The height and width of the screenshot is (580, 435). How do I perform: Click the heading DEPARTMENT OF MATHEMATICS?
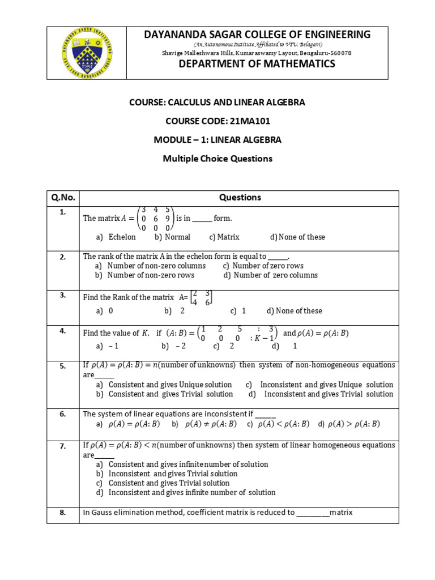[x=257, y=64]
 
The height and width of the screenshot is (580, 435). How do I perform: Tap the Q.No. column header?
[x=63, y=198]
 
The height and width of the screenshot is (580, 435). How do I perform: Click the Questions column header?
[x=239, y=198]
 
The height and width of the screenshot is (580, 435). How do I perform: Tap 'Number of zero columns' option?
[x=271, y=275]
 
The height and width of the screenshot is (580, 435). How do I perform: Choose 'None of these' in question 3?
[x=295, y=311]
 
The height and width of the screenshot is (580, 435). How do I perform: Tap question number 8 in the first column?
[x=63, y=513]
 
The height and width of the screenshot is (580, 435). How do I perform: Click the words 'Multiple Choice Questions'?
[x=217, y=159]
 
